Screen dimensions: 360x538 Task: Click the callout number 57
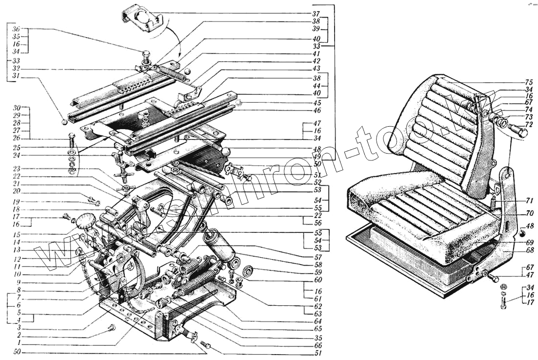pos(317,256)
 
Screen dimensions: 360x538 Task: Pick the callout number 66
pos(317,345)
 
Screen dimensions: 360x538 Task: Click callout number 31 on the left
pos(17,77)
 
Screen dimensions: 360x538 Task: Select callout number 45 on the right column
pos(317,103)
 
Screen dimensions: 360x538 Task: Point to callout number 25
pos(17,147)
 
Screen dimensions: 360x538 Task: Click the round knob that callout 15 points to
pos(86,221)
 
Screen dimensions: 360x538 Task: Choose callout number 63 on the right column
pos(317,314)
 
